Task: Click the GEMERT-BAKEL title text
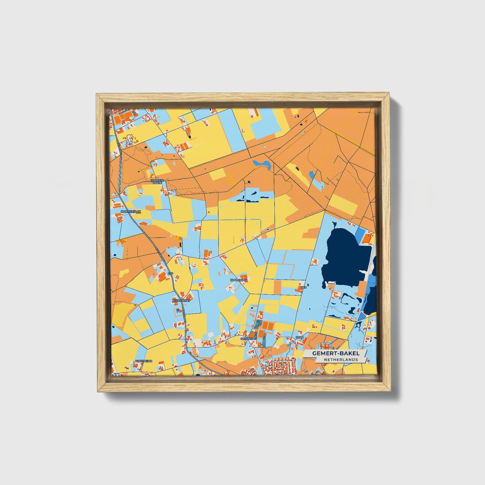pos(335,353)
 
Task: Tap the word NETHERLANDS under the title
pos(340,359)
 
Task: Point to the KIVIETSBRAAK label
pos(131,212)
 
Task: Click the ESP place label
pos(171,274)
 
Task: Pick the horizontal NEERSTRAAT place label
pos(181,301)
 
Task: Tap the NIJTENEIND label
pos(143,361)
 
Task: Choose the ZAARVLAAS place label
pos(239,280)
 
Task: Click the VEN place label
pos(304,287)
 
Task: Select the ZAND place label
pos(299,337)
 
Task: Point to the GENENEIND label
pos(249,339)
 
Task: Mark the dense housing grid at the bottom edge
pos(279,366)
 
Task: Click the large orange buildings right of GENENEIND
pos(267,325)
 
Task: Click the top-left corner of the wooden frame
pos(97,94)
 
